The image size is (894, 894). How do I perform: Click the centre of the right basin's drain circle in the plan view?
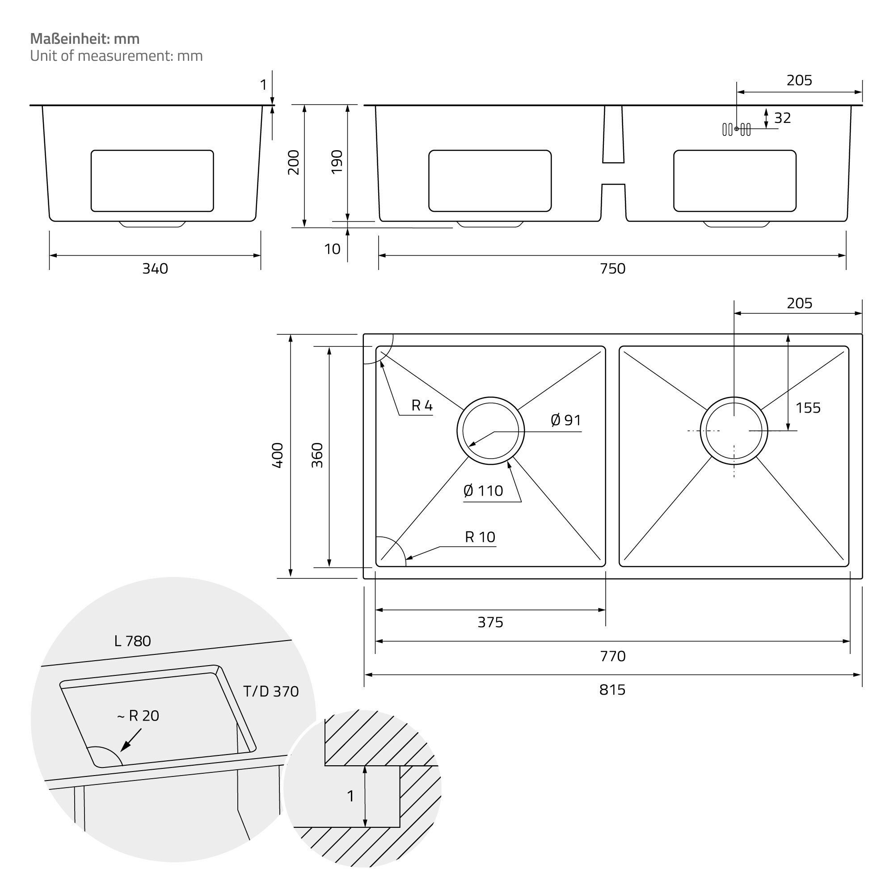coord(734,431)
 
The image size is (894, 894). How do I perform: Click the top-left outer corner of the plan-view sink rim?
coord(364,334)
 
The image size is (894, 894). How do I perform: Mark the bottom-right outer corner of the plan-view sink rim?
coord(863,578)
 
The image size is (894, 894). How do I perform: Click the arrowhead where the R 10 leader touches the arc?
coord(406,560)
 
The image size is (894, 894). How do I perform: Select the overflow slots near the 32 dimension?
coord(736,130)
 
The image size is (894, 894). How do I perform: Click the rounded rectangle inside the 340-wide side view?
coord(152,181)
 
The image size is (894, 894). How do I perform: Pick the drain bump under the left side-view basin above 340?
coord(152,224)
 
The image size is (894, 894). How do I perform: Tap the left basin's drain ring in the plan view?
coord(490,431)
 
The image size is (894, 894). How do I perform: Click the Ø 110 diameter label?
coord(483,490)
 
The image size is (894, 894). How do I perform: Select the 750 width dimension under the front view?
coord(612,268)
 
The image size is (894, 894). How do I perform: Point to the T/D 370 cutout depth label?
coord(271,692)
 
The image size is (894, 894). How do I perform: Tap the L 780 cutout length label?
coord(132,641)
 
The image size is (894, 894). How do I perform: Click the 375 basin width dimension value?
coord(490,622)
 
